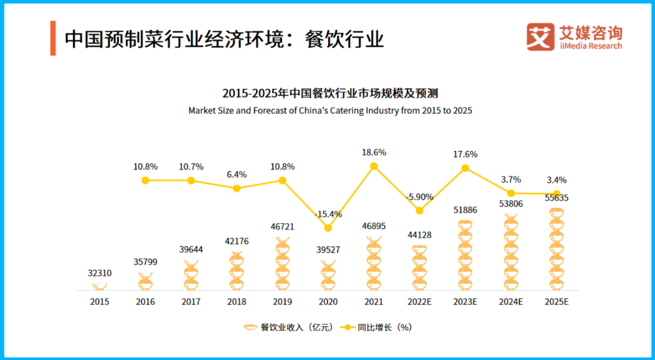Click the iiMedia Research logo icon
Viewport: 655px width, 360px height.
pyautogui.click(x=540, y=37)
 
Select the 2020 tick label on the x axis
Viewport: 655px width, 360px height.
pyautogui.click(x=328, y=302)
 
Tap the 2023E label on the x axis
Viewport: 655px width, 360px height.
pyautogui.click(x=465, y=302)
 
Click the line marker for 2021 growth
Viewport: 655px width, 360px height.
pyautogui.click(x=374, y=166)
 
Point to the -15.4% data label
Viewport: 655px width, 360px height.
pyautogui.click(x=328, y=214)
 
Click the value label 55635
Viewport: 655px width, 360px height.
pyautogui.click(x=556, y=198)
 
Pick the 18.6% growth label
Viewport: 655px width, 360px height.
pyautogui.click(x=374, y=152)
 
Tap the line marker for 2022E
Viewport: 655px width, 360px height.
pyautogui.click(x=420, y=210)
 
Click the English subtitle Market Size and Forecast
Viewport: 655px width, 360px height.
pyautogui.click(x=330, y=111)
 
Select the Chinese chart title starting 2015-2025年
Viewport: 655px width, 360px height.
pyautogui.click(x=330, y=93)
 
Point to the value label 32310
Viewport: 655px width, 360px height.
pyautogui.click(x=100, y=273)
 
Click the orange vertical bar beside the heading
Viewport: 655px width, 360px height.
pyautogui.click(x=53, y=38)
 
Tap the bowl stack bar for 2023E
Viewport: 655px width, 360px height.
pyautogui.click(x=465, y=254)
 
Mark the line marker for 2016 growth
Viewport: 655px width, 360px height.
pyautogui.click(x=145, y=180)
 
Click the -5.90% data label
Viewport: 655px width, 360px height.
pyautogui.click(x=420, y=196)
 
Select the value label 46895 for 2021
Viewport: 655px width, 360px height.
pyautogui.click(x=374, y=226)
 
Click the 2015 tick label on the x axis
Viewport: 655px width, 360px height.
pyautogui.click(x=100, y=302)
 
